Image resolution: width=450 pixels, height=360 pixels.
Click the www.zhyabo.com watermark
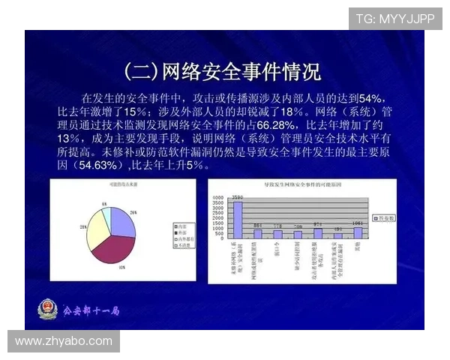64,341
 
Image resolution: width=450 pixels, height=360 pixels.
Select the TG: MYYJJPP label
395,18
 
